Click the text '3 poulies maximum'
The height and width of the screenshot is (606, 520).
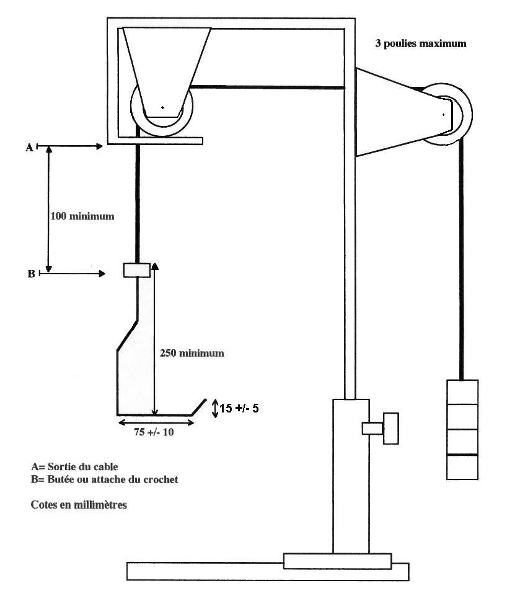coord(420,44)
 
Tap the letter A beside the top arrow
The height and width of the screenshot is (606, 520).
coord(29,147)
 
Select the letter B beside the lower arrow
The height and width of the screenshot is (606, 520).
coord(30,273)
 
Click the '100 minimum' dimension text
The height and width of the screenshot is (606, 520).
coord(82,216)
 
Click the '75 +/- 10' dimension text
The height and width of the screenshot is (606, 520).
coord(154,432)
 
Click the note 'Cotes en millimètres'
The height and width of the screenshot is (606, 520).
coord(79,505)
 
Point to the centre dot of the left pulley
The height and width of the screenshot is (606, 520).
coord(162,108)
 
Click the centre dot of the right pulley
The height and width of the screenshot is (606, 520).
coord(443,114)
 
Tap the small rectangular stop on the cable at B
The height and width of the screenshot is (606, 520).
coord(136,270)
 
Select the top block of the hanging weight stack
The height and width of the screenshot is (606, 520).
coord(462,392)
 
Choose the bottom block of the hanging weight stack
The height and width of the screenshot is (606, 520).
coord(462,467)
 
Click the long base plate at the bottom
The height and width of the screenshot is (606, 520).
coord(267,571)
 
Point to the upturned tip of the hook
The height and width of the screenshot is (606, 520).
coord(199,406)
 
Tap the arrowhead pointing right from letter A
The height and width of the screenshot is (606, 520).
coord(99,146)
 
